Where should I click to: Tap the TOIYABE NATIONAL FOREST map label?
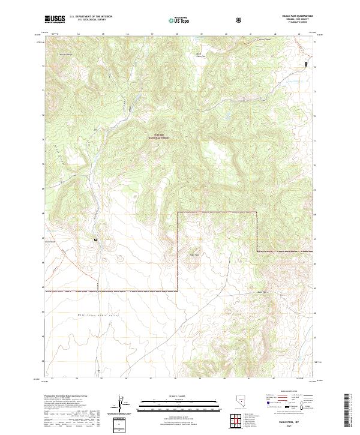[160, 137]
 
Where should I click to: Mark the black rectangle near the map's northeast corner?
[307, 63]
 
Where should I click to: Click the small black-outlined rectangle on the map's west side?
[95, 239]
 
